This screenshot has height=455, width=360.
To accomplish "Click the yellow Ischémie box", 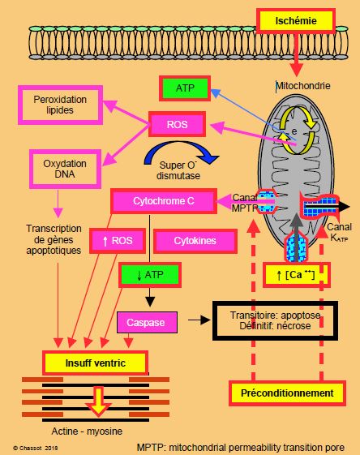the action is (296, 21).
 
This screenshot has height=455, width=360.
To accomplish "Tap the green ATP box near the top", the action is (185, 88).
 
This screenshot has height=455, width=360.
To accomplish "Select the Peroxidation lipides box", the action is (60, 105).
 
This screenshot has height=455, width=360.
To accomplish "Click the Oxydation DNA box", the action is (65, 169).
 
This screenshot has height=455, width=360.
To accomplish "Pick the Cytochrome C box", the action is (164, 201).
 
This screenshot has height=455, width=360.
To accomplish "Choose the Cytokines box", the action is (195, 241).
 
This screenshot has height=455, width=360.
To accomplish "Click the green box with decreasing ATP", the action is (150, 274).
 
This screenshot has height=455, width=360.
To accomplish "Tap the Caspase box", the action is (147, 322).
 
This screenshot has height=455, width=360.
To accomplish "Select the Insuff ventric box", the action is (95, 363).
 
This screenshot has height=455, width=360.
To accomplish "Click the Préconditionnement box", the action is (287, 393).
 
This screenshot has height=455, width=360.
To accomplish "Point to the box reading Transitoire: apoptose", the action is (275, 320).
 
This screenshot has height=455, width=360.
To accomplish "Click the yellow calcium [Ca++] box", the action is (296, 274).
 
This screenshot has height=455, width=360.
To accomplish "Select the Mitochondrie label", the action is (302, 86).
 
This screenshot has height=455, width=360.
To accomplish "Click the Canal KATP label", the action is (339, 232).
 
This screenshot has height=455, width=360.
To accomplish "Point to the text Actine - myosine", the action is (87, 431).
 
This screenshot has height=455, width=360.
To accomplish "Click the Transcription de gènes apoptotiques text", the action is (54, 239).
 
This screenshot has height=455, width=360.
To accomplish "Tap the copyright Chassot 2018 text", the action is (36, 448).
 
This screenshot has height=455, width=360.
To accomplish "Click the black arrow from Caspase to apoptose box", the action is (199, 320).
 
